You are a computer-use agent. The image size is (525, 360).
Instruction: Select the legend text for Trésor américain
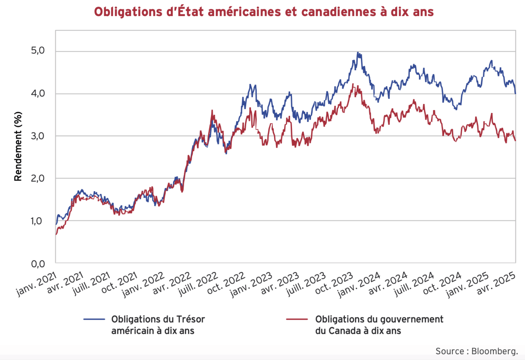(158, 325)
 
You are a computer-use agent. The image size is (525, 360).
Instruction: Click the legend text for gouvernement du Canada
(379, 325)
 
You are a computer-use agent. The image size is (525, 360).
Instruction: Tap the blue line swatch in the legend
(94, 319)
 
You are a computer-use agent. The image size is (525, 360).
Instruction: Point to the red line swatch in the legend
(297, 319)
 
